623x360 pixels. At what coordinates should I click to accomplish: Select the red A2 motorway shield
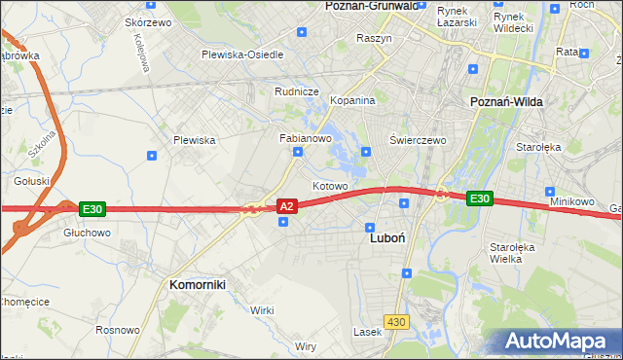(x=286, y=206)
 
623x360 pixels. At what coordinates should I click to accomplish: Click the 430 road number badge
(x=395, y=321)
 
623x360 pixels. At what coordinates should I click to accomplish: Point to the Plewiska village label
(x=194, y=140)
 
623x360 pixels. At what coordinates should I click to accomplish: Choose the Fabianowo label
(x=307, y=138)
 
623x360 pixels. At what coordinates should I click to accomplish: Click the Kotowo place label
(x=330, y=185)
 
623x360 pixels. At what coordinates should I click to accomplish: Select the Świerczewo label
(x=418, y=140)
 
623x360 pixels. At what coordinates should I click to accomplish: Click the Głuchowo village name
(x=87, y=234)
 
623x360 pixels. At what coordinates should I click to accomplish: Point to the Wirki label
(x=261, y=309)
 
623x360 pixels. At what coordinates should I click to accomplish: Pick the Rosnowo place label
(x=117, y=330)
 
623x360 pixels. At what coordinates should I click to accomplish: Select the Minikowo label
(x=571, y=201)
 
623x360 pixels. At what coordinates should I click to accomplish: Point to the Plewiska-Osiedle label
(x=242, y=54)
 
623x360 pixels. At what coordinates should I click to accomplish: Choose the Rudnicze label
(x=297, y=91)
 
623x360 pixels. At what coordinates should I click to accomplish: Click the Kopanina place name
(x=352, y=100)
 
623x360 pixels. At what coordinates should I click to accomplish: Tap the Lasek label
(x=367, y=332)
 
